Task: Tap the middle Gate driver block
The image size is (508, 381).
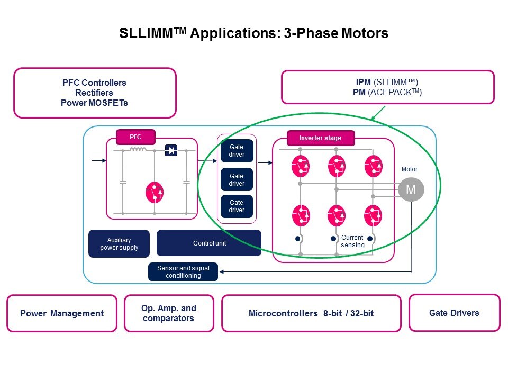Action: tap(237, 179)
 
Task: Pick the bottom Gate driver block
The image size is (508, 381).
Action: tap(237, 206)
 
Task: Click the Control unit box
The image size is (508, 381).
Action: tap(209, 243)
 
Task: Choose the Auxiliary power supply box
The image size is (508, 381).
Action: tap(119, 243)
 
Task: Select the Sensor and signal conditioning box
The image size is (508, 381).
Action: tap(183, 271)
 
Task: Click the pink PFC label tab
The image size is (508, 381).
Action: tap(135, 137)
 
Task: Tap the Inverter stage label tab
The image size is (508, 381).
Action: tap(320, 138)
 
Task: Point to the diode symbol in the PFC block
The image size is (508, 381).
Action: tap(171, 150)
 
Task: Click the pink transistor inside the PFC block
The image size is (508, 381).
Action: tap(155, 193)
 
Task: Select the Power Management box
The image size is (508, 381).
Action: tap(62, 313)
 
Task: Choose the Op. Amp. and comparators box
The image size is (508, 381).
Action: tap(169, 313)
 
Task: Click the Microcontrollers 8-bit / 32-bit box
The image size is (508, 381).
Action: tap(311, 313)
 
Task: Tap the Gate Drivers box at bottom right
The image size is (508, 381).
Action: tap(454, 313)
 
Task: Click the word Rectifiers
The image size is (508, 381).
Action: tap(94, 93)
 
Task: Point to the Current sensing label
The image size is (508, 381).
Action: tap(352, 241)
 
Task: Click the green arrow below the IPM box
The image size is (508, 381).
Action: tap(379, 112)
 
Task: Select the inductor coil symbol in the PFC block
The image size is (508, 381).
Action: tap(138, 150)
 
